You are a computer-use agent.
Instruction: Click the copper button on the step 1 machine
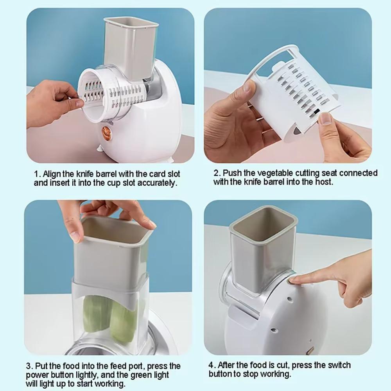click(107, 133)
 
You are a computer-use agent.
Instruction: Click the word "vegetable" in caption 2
click(274, 173)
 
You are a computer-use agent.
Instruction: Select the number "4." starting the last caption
click(212, 365)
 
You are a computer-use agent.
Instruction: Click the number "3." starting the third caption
click(30, 366)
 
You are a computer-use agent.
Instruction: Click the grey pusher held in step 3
click(111, 250)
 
